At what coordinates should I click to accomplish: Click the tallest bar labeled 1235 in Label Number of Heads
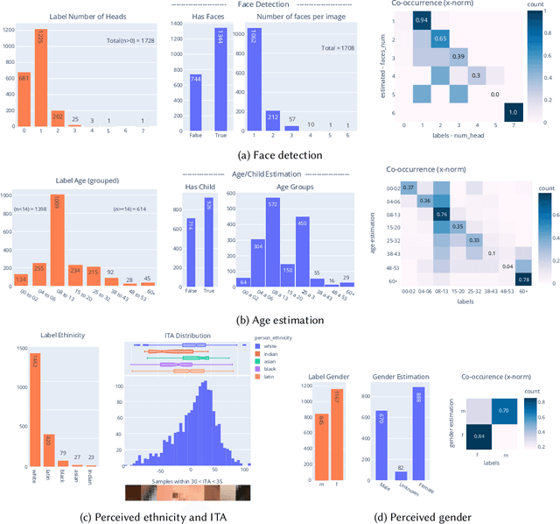click(40, 78)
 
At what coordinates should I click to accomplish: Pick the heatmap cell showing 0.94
click(421, 20)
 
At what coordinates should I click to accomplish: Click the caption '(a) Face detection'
click(280, 154)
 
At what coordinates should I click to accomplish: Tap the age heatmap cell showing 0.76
click(442, 214)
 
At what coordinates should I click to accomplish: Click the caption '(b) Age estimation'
click(280, 321)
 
